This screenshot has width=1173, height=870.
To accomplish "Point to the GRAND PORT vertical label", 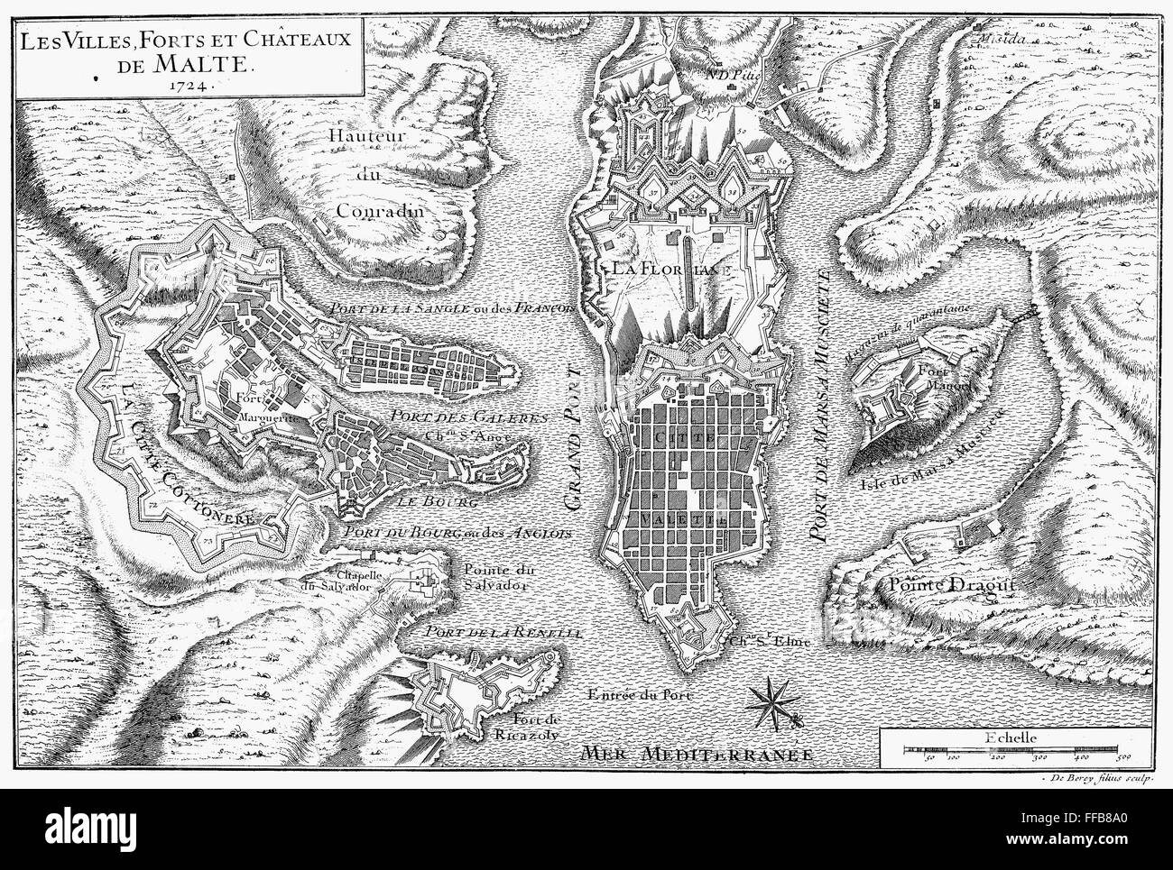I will [577, 442].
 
